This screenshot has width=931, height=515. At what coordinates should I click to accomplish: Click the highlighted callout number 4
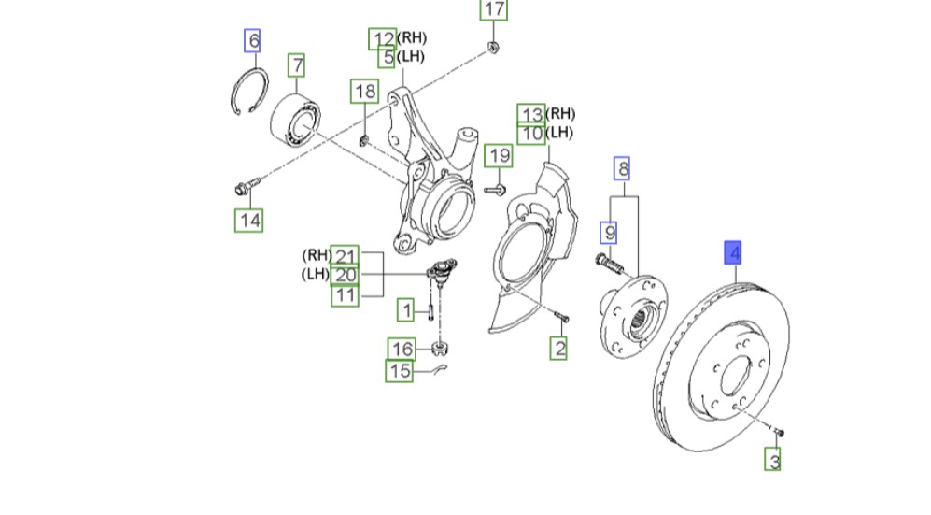735,252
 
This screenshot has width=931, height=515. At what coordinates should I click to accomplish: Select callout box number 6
252,40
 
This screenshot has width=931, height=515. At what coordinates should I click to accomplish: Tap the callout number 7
296,65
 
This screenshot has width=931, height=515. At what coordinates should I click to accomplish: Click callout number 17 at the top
494,10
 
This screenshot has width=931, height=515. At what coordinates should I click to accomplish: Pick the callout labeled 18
364,91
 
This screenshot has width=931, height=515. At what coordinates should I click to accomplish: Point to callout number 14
248,221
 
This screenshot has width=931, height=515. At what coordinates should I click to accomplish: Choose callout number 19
500,155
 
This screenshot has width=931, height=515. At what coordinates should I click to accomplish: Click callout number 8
622,169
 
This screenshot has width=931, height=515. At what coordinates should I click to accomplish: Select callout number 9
609,230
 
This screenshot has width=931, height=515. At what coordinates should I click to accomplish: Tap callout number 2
558,350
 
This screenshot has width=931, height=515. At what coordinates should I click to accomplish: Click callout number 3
773,460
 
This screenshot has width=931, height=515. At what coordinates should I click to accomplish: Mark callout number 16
402,350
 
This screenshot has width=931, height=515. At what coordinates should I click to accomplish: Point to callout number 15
400,372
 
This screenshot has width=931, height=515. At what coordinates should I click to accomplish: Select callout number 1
406,308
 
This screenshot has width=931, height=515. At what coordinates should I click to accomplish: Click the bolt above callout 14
243,188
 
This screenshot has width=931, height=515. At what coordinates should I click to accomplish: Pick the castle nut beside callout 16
442,350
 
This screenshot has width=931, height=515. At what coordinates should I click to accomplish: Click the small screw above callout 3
780,432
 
